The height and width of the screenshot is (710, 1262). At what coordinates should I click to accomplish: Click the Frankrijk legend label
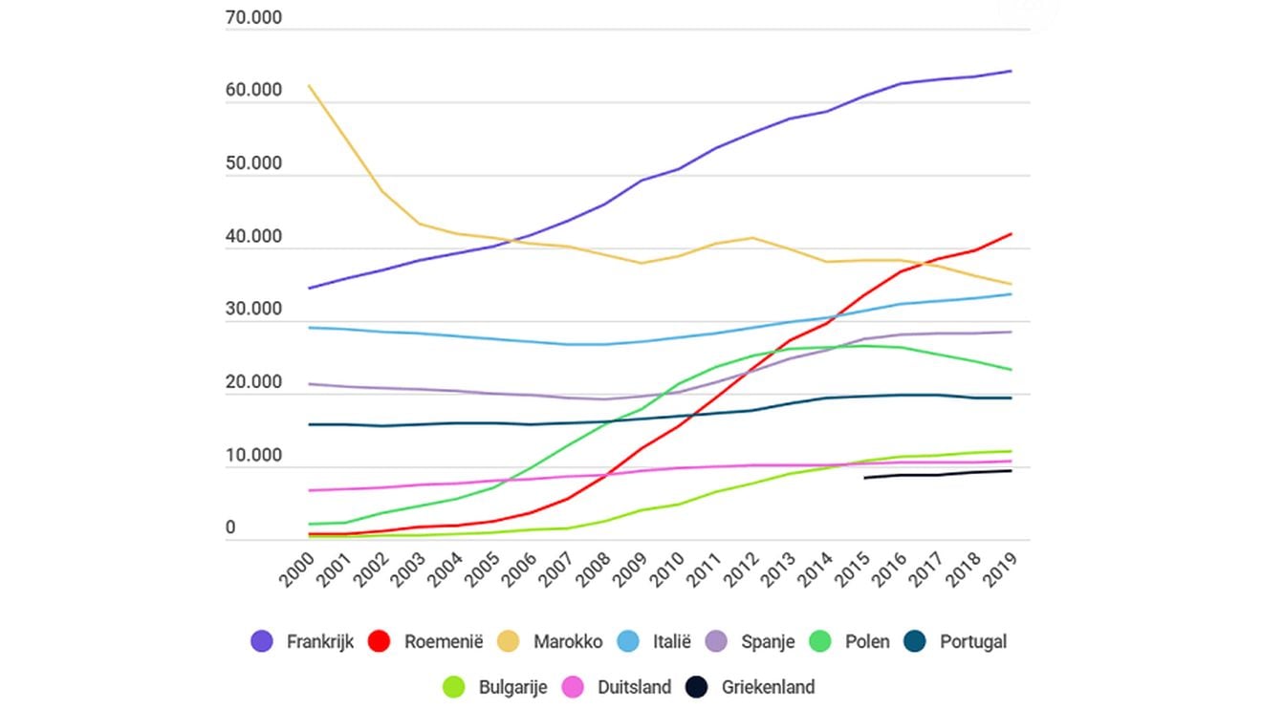click(319, 641)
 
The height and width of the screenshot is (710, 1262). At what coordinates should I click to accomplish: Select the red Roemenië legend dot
click(381, 641)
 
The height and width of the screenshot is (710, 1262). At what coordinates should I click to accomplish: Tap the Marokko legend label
click(568, 641)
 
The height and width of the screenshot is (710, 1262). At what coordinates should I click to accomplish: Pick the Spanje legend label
click(768, 641)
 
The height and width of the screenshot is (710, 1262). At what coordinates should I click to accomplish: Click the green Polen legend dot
click(821, 641)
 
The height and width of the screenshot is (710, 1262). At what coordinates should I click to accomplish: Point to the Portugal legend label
click(973, 641)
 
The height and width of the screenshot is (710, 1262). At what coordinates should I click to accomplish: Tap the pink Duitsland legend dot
click(573, 687)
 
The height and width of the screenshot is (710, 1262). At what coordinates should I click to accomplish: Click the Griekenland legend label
click(768, 687)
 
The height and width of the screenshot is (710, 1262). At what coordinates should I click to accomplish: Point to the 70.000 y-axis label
click(253, 18)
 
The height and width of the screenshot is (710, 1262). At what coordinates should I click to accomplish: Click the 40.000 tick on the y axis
click(253, 237)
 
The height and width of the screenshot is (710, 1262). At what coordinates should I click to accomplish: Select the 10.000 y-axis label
click(253, 456)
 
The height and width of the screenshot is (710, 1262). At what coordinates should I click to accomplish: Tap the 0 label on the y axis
click(230, 528)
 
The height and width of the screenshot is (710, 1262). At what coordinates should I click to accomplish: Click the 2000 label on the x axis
click(298, 567)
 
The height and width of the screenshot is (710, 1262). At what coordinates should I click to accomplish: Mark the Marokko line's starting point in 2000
click(309, 86)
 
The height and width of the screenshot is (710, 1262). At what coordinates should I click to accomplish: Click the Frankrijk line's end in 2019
click(1012, 71)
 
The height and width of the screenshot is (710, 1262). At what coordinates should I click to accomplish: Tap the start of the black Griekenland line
click(864, 478)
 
